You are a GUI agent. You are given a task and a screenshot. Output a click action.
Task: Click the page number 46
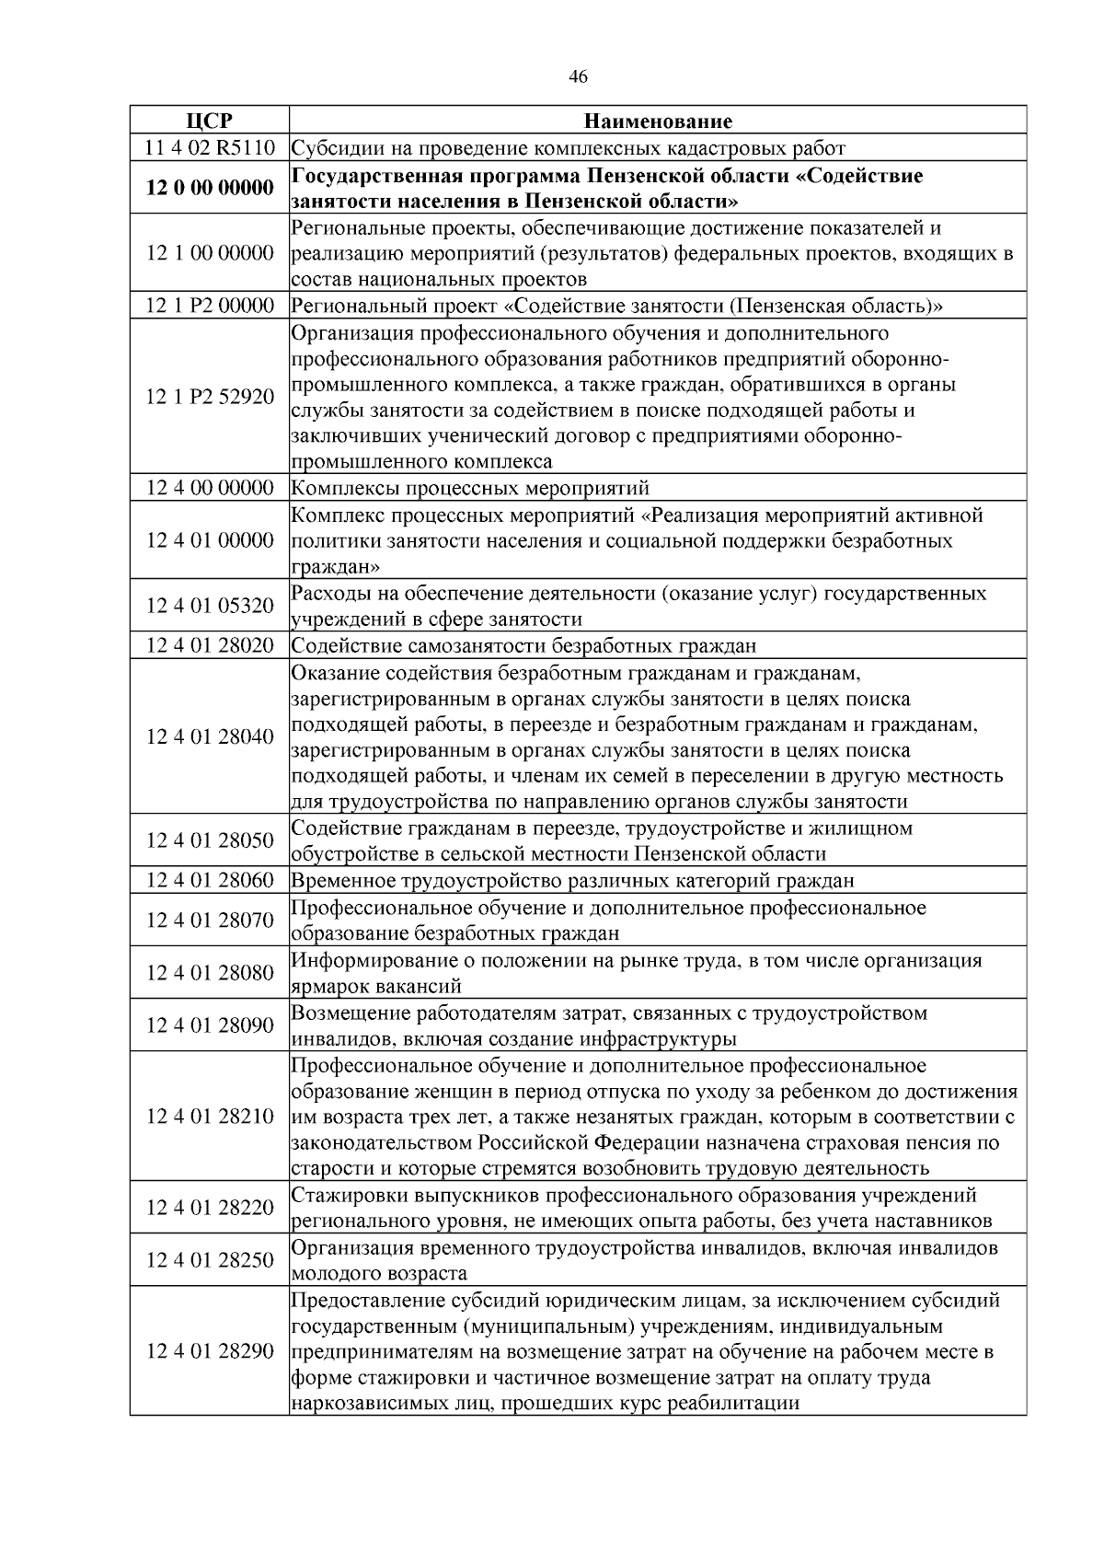tap(578, 77)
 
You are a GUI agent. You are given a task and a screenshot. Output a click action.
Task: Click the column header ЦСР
tap(210, 121)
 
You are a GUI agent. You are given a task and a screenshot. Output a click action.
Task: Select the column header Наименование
tap(658, 121)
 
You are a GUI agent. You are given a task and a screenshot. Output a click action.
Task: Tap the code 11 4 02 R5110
tap(210, 147)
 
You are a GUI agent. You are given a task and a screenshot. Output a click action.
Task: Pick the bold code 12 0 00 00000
tap(210, 188)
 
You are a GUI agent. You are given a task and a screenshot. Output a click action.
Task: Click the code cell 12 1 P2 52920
tap(210, 397)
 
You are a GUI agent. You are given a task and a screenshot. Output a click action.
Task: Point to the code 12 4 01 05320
tap(210, 606)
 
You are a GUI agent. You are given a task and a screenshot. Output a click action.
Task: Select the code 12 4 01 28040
tap(210, 736)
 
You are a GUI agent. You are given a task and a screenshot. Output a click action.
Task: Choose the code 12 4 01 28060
tap(210, 880)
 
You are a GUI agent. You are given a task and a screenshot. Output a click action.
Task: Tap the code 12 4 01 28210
tap(210, 1116)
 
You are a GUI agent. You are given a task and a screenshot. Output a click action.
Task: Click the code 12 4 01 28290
tap(210, 1351)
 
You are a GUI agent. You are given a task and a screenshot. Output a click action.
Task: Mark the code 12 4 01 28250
tap(210, 1259)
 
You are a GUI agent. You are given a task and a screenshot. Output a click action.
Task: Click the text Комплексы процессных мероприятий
tap(470, 487)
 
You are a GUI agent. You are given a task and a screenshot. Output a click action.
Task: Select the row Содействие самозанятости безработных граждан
tap(524, 645)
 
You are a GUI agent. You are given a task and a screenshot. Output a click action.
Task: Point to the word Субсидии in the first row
tap(332, 147)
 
